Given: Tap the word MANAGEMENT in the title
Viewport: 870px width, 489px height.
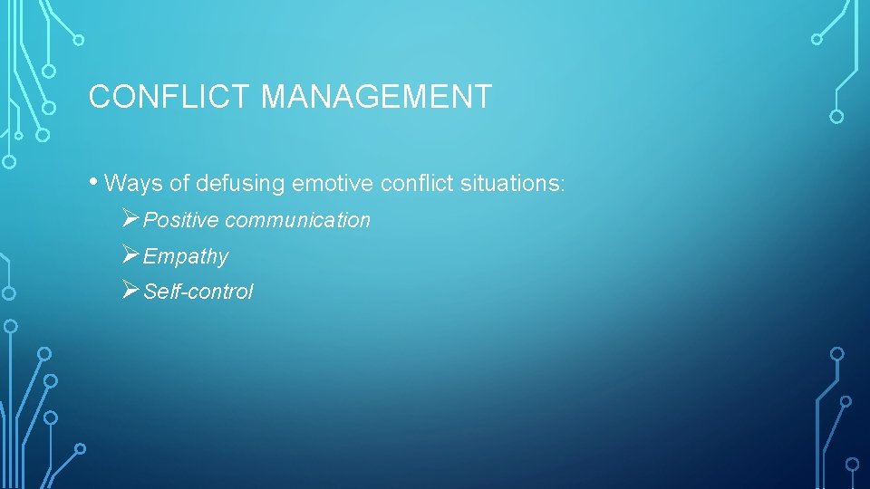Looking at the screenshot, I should [376, 96].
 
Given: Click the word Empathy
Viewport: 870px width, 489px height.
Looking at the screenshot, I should [186, 257].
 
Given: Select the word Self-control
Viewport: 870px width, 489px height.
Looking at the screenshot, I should [198, 292].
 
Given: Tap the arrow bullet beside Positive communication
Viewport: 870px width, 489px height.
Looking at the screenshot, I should [130, 219].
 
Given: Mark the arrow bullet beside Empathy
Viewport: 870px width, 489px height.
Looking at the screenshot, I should [130, 255].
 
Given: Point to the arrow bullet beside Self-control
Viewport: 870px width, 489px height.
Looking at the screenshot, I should [130, 291].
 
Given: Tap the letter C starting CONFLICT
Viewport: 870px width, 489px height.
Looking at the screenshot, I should [99, 96].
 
